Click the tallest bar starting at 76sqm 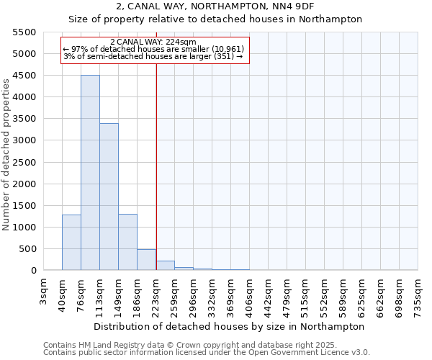90,173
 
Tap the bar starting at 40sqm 71,243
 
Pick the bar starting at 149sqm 127,242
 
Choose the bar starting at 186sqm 146,260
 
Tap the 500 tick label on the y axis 29,249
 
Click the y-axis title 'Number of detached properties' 6,156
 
